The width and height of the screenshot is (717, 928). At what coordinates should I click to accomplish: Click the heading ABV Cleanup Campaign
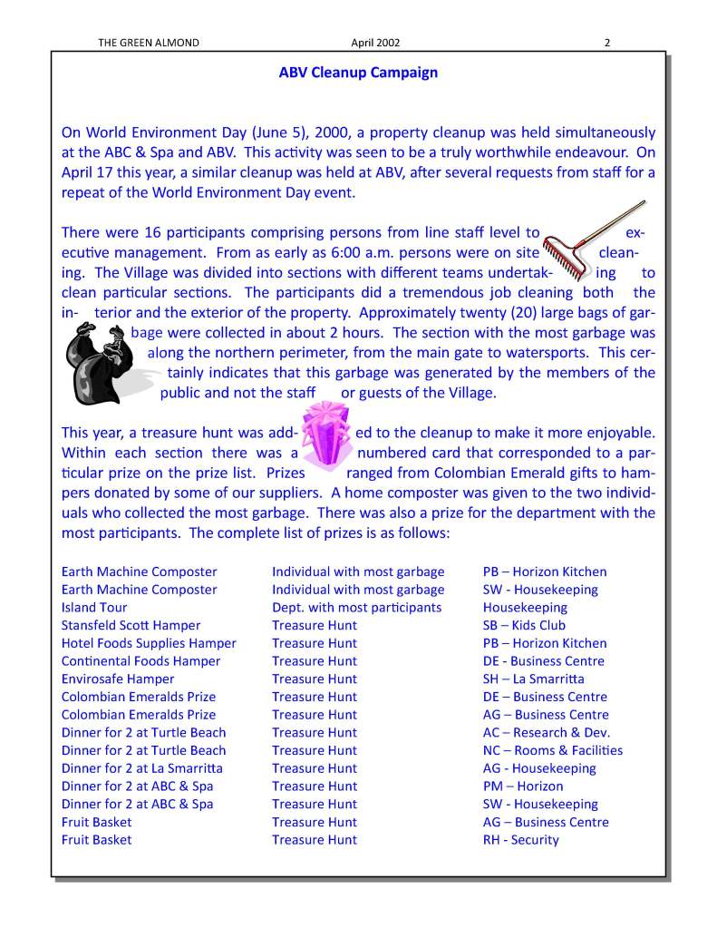point(358,73)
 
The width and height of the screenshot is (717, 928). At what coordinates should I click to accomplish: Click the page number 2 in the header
point(607,42)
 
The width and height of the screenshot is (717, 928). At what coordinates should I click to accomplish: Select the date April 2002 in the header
point(375,42)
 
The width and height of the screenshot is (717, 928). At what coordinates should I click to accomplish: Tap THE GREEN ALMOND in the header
point(148,42)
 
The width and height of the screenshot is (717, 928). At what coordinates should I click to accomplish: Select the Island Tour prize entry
point(94,607)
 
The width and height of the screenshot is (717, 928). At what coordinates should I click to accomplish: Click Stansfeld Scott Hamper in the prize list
point(131,625)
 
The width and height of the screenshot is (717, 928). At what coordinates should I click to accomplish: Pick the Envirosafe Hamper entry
point(118,679)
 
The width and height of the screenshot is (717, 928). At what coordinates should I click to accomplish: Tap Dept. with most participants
point(356,607)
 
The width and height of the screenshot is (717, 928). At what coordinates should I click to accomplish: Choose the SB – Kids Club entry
point(524,625)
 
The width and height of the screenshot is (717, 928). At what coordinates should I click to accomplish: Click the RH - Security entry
point(520,839)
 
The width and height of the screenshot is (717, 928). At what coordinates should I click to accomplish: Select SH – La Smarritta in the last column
point(533,679)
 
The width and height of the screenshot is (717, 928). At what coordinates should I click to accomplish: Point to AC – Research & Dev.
point(546,732)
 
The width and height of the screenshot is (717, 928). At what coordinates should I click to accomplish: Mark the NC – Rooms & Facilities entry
point(552,750)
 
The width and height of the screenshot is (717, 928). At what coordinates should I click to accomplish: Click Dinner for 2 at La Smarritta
point(141,767)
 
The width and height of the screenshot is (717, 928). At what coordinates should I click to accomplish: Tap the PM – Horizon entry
point(522,786)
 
